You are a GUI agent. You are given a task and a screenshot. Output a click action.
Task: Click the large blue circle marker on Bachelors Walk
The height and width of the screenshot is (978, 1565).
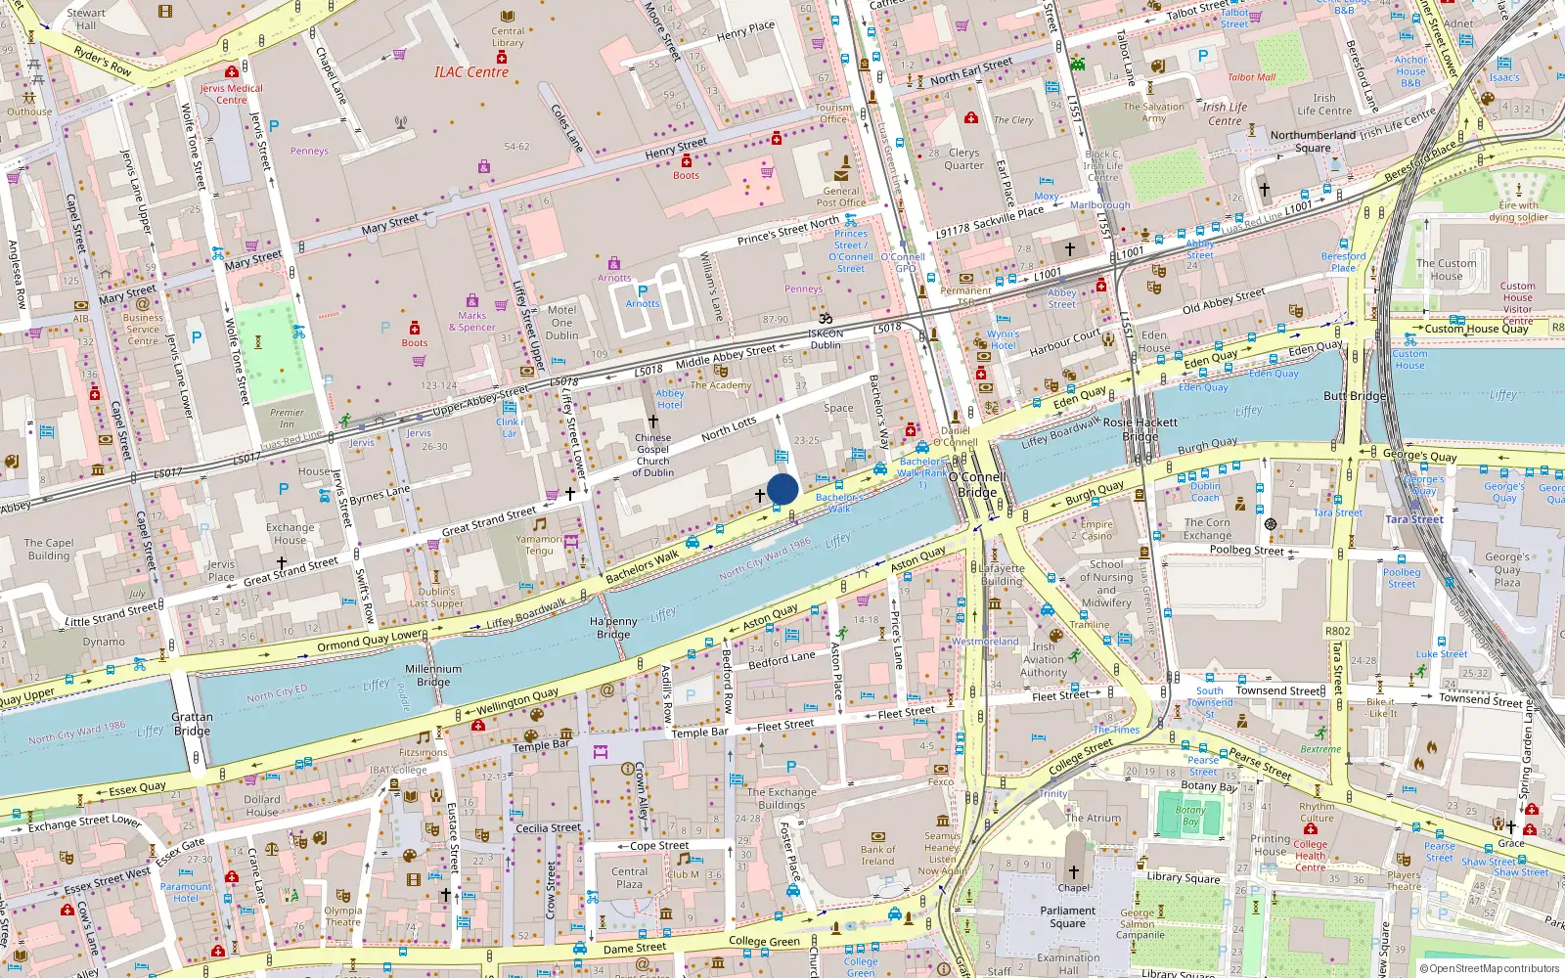tap(782, 489)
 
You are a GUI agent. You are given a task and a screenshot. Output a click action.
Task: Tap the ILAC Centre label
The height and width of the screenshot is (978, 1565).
tap(471, 72)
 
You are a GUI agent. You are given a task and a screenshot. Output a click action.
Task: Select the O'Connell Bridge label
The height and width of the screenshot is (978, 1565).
tap(977, 485)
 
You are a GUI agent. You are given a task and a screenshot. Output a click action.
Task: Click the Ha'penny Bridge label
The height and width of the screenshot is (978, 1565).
tap(613, 628)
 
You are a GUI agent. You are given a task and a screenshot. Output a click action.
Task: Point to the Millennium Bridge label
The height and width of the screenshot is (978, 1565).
tap(433, 676)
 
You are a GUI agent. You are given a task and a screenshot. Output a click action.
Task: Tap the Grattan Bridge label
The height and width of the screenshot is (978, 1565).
tap(192, 724)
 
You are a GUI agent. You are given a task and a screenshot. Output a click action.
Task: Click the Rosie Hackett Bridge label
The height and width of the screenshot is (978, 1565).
tap(1140, 428)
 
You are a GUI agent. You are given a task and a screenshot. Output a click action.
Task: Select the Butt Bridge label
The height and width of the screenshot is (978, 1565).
tap(1355, 396)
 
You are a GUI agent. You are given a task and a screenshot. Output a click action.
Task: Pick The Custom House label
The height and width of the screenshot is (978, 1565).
tap(1446, 270)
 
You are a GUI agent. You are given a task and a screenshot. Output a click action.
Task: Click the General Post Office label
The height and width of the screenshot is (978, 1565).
tap(841, 197)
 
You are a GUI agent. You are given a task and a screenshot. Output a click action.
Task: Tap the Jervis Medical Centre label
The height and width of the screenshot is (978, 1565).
tap(232, 94)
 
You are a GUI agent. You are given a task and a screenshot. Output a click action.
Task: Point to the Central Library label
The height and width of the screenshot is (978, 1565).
tap(508, 37)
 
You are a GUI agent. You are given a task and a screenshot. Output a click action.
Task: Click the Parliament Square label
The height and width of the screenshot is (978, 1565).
tap(1067, 916)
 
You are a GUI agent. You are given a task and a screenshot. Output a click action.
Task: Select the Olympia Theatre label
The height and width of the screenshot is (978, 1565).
tap(343, 915)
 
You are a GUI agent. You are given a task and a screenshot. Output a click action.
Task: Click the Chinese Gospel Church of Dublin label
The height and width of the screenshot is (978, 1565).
tap(652, 455)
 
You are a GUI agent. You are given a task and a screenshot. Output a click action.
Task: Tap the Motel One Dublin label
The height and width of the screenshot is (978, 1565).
tap(561, 323)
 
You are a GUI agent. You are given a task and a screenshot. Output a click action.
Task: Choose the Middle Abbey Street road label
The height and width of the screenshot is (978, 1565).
tap(726, 357)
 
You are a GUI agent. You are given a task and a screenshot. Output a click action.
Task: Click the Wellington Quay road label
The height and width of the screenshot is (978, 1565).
tap(517, 700)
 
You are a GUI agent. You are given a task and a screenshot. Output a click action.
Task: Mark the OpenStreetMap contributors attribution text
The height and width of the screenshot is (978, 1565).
tap(1490, 968)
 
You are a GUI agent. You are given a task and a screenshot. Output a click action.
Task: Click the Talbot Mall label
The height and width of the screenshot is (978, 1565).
tap(1251, 77)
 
